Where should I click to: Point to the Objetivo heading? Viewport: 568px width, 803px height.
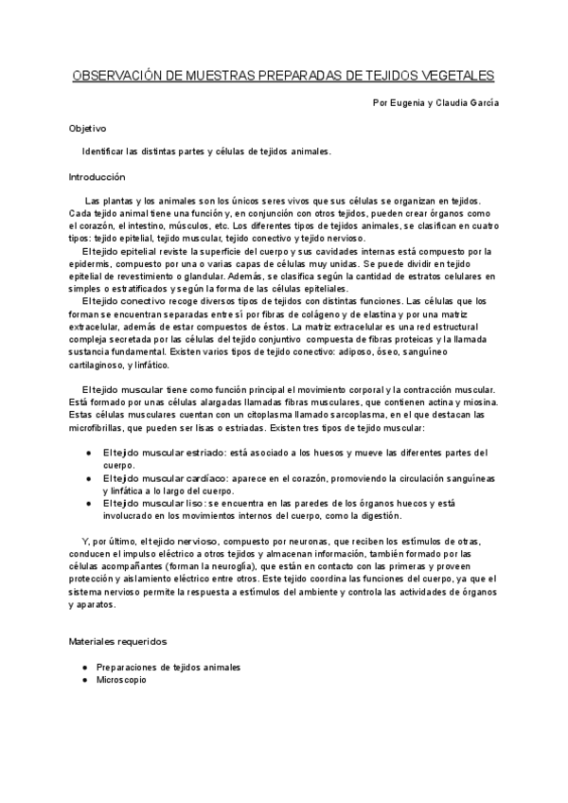coord(87,127)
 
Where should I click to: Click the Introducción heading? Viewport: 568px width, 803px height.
coord(97,176)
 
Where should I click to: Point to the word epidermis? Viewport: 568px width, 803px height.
coord(91,264)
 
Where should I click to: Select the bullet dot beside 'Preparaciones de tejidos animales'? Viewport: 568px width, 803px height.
coord(88,667)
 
